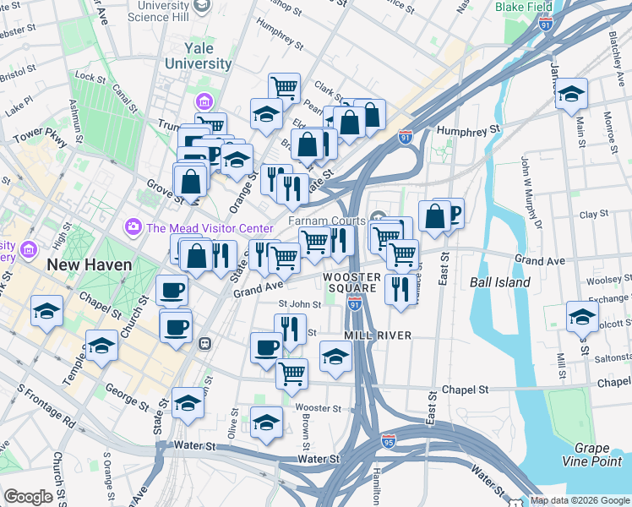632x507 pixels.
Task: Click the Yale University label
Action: pos(199,55)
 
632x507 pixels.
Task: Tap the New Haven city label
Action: pos(89,264)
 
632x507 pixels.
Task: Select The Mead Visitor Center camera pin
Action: pos(132,227)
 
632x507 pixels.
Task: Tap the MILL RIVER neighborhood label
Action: pos(378,335)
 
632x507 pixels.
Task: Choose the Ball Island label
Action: pos(499,282)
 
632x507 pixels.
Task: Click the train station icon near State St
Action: pos(204,344)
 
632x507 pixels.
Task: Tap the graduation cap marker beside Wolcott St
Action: pos(582,317)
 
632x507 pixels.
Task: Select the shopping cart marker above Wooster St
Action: pos(291,373)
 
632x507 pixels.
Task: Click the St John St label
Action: pos(300,304)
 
